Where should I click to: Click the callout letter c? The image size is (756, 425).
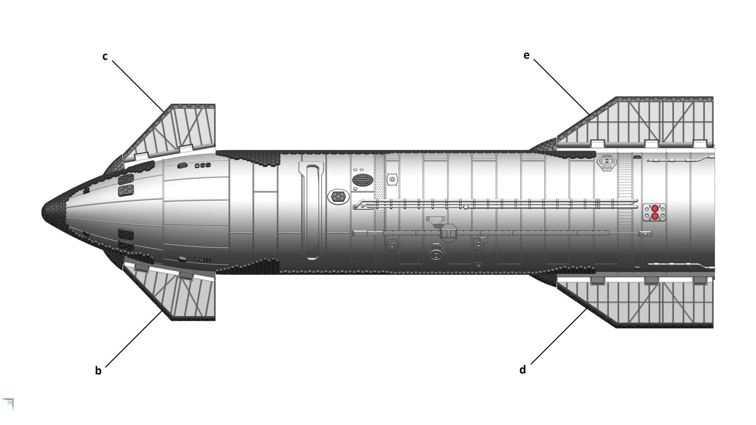pyautogui.click(x=105, y=57)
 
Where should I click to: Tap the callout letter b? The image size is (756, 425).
pyautogui.click(x=98, y=371)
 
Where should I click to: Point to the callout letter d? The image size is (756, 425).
pyautogui.click(x=523, y=370)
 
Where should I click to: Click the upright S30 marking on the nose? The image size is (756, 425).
pyautogui.click(x=203, y=260)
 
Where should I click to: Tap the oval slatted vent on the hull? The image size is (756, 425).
pyautogui.click(x=363, y=180)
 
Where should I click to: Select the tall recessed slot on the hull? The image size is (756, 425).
pyautogui.click(x=312, y=212)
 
